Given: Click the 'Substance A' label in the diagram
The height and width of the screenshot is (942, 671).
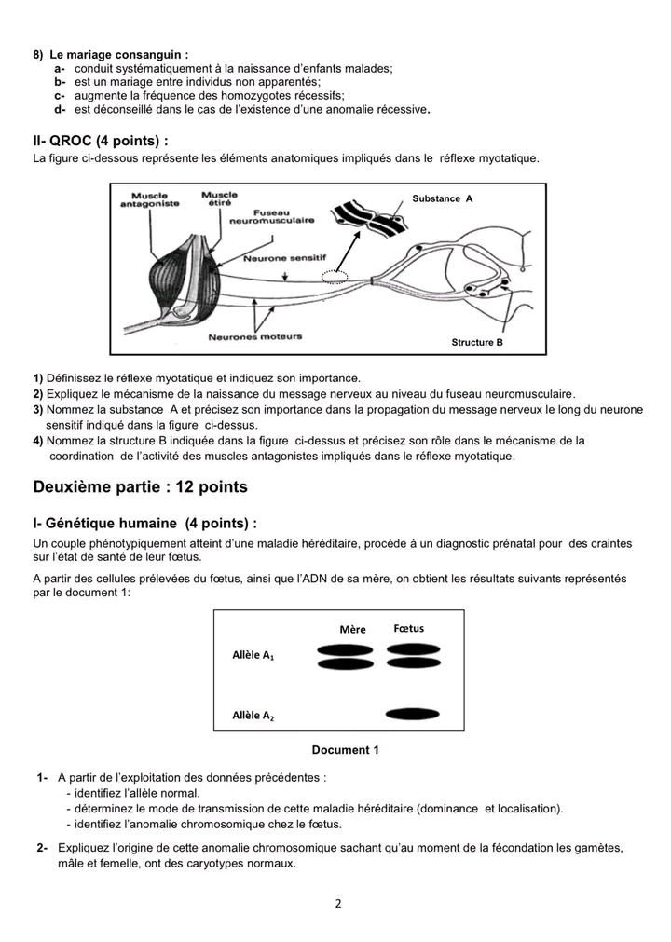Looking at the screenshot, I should coord(442,198).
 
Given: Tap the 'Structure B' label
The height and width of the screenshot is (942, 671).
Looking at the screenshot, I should coord(476,342).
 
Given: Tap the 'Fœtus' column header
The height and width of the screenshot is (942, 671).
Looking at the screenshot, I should coord(409,628).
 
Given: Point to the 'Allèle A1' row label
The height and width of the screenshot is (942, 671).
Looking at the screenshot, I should coord(253,656).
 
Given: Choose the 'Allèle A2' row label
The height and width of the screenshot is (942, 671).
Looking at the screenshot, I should coord(253,716).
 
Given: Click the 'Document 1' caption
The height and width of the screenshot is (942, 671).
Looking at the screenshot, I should coord(345,750).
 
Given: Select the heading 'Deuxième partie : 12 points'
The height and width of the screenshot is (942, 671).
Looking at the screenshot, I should coord(140,487).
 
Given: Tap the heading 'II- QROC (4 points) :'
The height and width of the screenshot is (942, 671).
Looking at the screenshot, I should coord(101,141).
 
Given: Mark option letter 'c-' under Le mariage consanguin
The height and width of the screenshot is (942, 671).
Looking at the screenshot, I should coord(60,96).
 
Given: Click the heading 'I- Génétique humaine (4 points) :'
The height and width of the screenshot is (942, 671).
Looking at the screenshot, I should coord(144,524).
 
